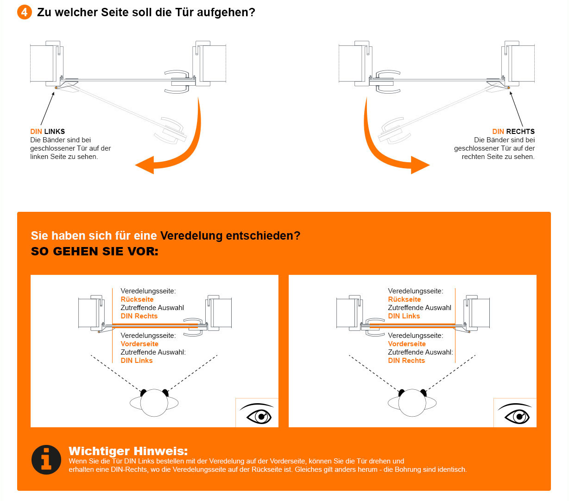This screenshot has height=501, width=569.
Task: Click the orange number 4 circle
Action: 24,12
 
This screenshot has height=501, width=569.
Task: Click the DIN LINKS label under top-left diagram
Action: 47,132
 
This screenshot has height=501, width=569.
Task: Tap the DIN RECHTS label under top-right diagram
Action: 513,132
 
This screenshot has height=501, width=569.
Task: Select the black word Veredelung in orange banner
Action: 191,235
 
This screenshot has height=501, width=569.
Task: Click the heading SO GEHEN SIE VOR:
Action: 95,252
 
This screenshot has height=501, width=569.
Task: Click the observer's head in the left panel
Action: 154,403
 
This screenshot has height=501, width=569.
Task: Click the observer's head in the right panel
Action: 412,403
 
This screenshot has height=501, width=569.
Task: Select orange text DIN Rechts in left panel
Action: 139,316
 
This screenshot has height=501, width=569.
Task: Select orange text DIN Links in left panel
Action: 137,361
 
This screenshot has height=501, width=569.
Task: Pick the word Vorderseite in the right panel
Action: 407,344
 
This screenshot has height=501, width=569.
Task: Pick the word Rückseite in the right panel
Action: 405,299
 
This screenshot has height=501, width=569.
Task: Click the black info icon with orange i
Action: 46,460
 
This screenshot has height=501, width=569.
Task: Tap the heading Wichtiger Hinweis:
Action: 128,451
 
